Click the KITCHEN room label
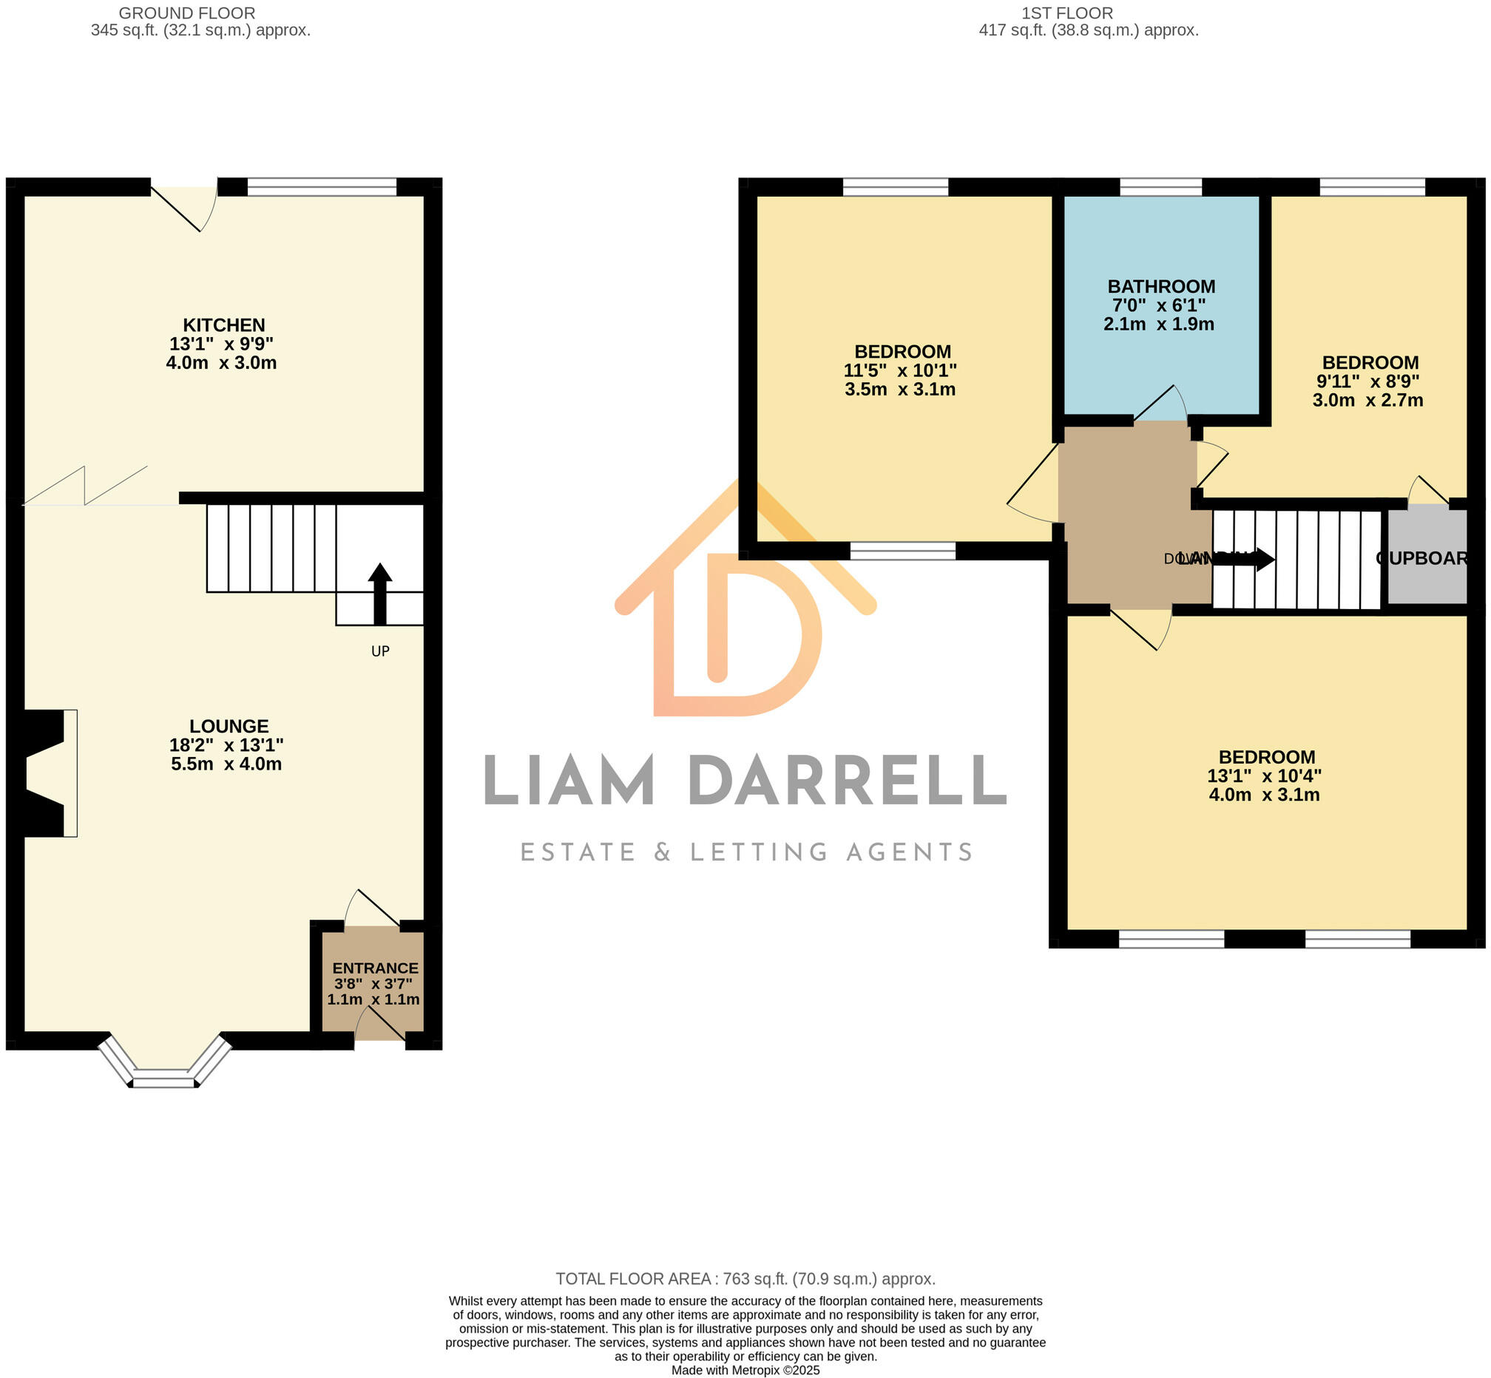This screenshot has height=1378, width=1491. tap(224, 325)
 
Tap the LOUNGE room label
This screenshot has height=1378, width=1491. tap(229, 726)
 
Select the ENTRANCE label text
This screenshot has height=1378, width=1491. tap(375, 968)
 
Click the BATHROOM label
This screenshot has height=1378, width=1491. tap(1161, 286)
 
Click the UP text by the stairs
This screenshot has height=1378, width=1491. tap(380, 651)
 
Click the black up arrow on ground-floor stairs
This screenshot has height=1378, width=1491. tap(379, 593)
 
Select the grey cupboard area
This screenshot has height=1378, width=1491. tap(1426, 557)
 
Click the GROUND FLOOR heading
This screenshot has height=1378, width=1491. tap(187, 13)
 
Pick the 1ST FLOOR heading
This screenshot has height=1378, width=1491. tap(1066, 13)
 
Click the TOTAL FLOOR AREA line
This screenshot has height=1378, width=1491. tap(745, 1279)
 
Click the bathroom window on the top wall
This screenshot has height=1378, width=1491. tap(1160, 186)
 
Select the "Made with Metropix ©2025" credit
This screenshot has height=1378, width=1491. tap(745, 1370)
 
